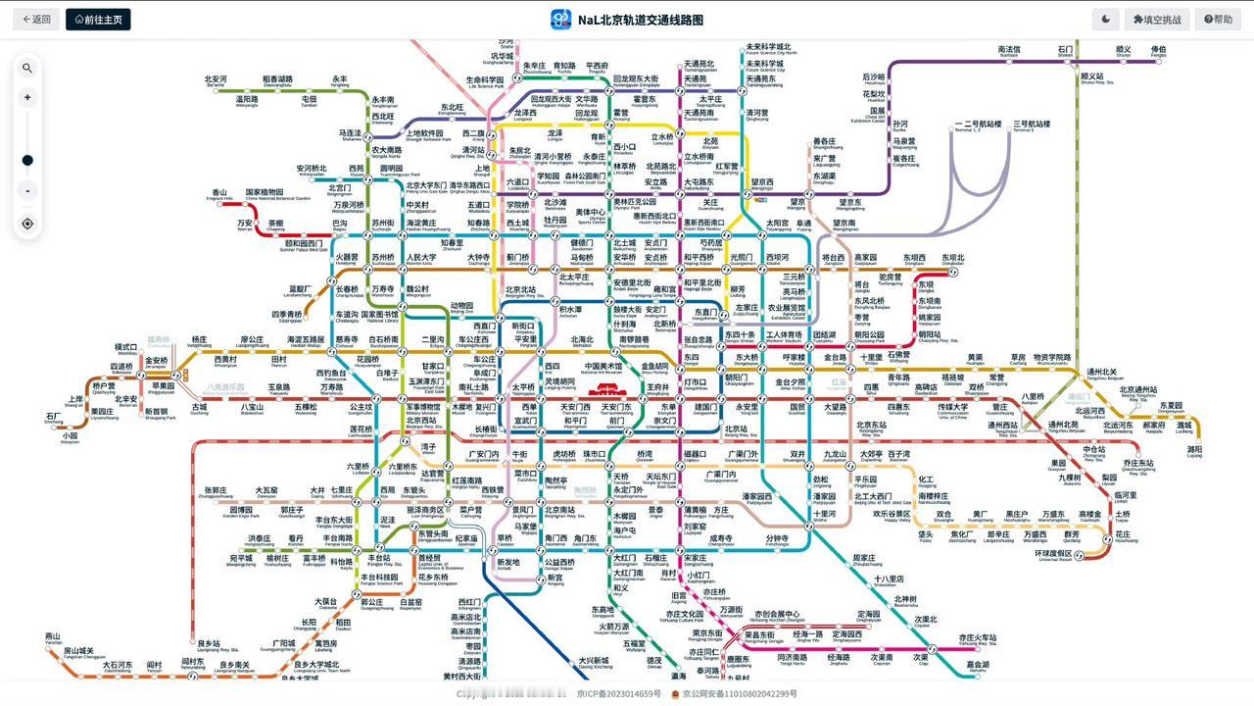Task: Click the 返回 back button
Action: (x=37, y=19)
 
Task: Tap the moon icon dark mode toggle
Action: (x=1105, y=19)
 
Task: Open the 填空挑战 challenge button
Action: (x=1157, y=19)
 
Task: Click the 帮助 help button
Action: (x=1219, y=19)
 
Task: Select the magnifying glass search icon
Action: (x=27, y=68)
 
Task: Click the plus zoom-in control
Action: (x=27, y=97)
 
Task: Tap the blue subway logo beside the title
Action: (x=560, y=20)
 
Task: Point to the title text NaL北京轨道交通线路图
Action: (x=640, y=20)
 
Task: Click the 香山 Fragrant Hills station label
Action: (x=219, y=193)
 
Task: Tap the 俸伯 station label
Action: (x=1159, y=50)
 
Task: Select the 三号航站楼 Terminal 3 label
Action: (x=1032, y=125)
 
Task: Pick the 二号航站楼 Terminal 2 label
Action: (x=978, y=125)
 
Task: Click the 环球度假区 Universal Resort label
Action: (x=1053, y=554)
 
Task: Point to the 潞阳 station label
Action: (x=1194, y=450)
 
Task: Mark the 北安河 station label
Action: (x=216, y=79)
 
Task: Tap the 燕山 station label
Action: (x=52, y=636)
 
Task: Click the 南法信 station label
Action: (x=1009, y=50)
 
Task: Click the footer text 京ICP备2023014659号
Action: (x=618, y=693)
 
